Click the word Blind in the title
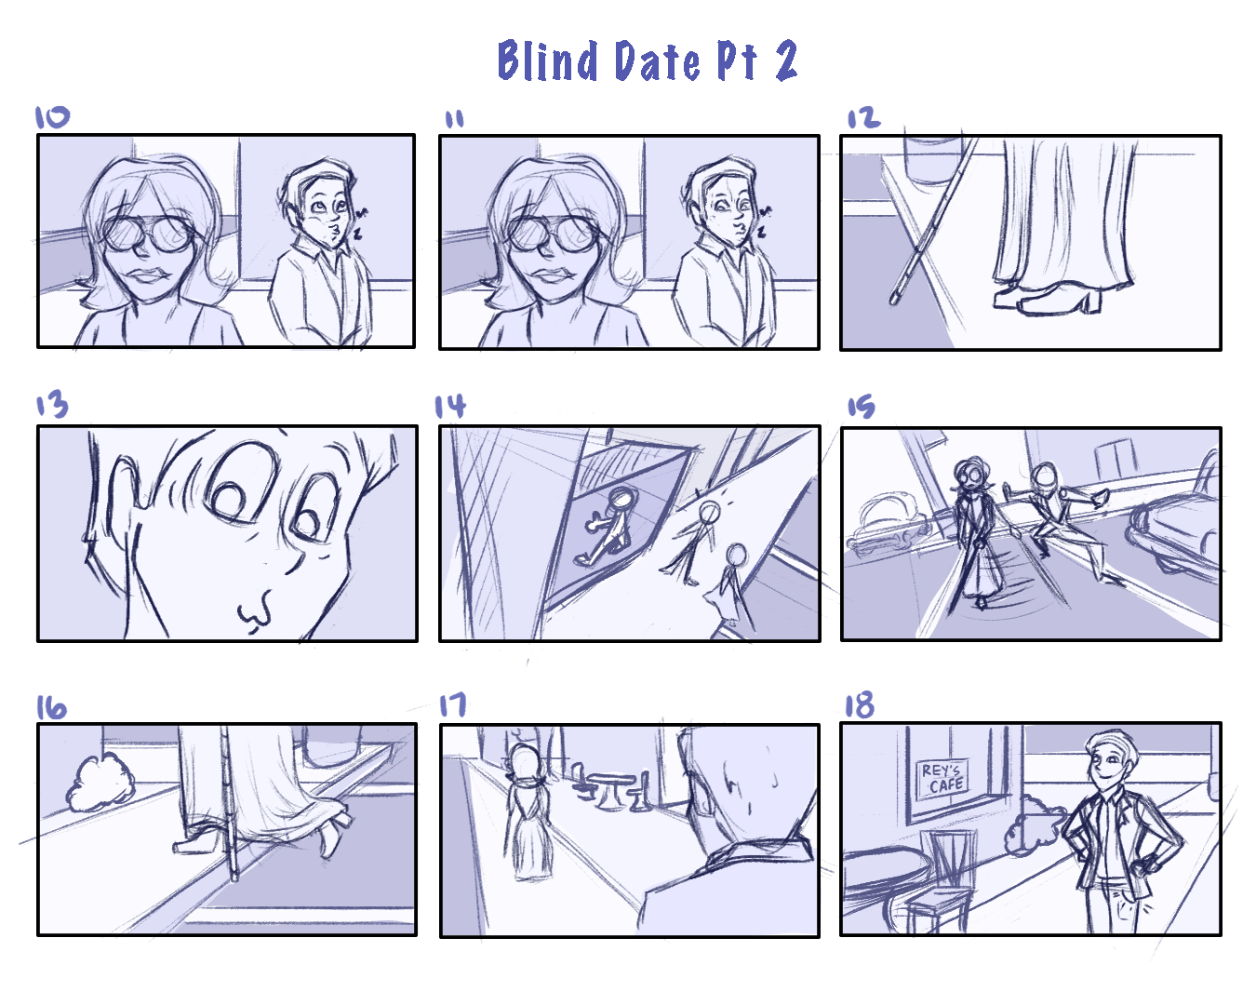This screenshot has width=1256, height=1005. pos(549,61)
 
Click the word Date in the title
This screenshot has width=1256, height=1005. pos(656,61)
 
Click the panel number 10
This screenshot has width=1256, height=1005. pos(52,117)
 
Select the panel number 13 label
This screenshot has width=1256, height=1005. pos(52,405)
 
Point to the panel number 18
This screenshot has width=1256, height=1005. pos(859,705)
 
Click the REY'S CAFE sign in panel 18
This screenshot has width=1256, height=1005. pos(942,777)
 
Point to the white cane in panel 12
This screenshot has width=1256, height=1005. pos(930,223)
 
